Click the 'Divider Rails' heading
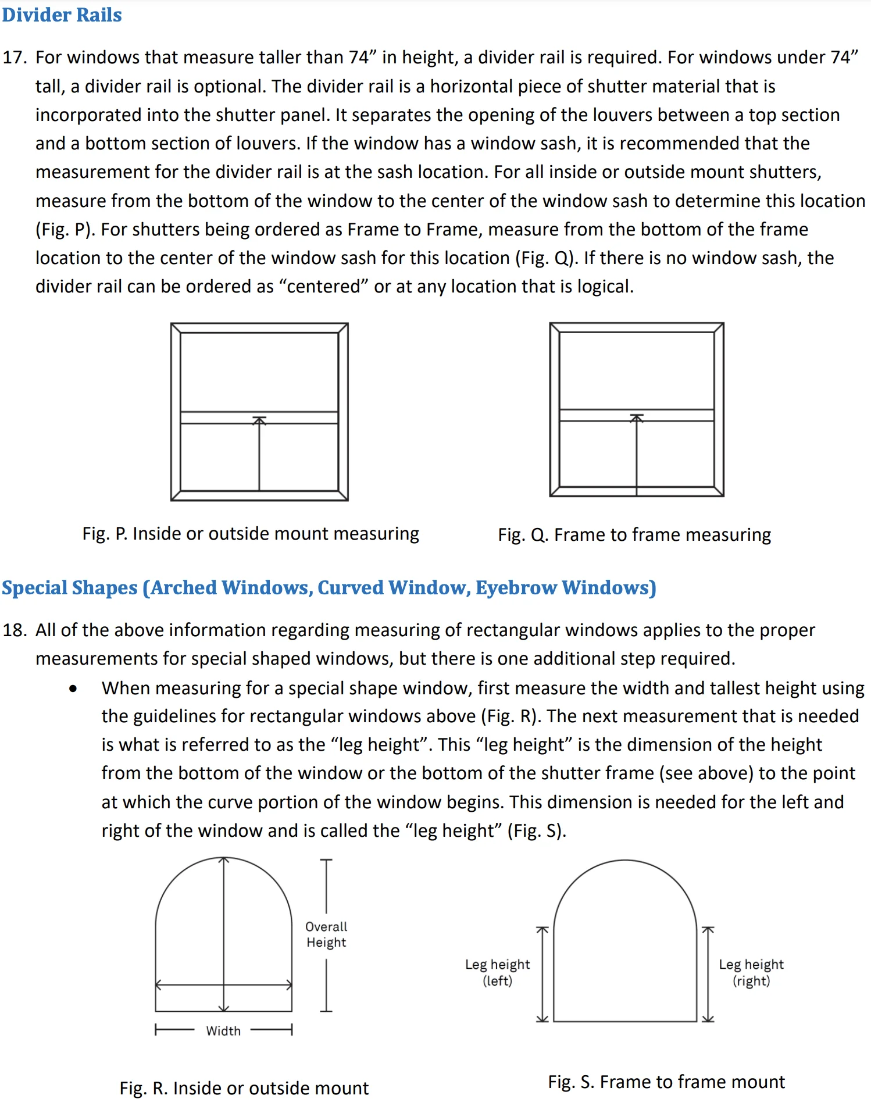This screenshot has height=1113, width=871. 62,15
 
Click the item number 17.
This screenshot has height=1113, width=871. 15,58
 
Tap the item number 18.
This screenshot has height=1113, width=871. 15,630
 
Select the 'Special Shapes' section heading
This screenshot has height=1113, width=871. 329,588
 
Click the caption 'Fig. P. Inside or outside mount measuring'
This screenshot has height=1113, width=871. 251,534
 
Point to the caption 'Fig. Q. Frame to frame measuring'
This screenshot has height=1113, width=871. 634,535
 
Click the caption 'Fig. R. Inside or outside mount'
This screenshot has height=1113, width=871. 244,1088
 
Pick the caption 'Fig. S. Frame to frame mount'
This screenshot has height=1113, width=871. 666,1082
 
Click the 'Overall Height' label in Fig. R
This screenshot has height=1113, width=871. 326,934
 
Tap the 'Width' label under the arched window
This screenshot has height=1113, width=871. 223,1031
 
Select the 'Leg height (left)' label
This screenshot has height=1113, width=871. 497,972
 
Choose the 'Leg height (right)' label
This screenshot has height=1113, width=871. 751,972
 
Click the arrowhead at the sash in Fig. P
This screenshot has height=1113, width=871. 259,420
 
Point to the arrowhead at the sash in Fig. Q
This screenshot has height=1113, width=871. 637,418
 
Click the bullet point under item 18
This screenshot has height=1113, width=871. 73,689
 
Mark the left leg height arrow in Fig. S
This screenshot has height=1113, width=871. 542,974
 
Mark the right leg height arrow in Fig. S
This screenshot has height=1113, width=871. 708,974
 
